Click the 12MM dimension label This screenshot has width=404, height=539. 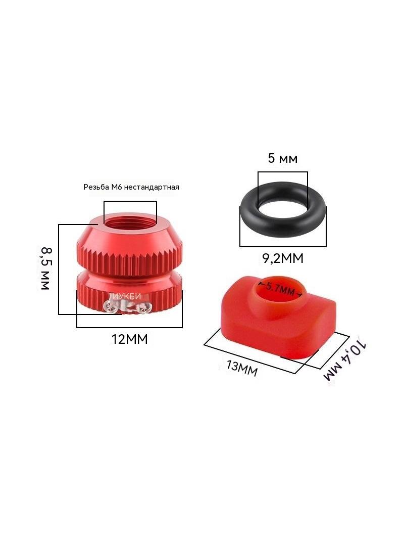tap(129, 339)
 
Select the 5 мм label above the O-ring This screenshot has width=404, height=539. tap(282, 158)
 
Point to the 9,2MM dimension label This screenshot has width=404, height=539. tap(283, 258)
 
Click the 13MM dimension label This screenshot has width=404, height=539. tap(242, 369)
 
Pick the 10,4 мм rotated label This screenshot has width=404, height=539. tap(345, 361)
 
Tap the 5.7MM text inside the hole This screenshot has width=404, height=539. tap(280, 289)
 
